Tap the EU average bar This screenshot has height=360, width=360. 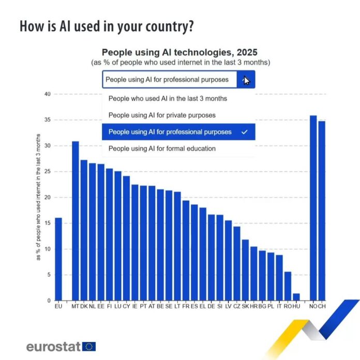coord(58,259)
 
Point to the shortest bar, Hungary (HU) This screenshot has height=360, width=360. coord(296,297)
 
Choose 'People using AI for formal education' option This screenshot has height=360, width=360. coord(162,148)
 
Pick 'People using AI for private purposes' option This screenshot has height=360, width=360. coord(162,115)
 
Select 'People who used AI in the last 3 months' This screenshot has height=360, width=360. coord(168,98)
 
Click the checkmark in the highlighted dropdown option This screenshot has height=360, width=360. coord(245,132)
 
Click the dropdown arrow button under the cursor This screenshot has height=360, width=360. coord(246,80)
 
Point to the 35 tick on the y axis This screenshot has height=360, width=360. coord(47,120)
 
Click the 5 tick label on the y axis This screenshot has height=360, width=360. coord(49,275)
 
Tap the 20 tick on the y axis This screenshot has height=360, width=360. coord(47,198)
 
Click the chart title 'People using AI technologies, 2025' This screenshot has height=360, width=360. coord(179,52)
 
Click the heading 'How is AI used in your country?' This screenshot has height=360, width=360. coord(107,26)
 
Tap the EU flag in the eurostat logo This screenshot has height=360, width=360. coord(89,347)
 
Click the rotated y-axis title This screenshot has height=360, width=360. coord(39,197)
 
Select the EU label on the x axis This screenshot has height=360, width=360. coord(58,307)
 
